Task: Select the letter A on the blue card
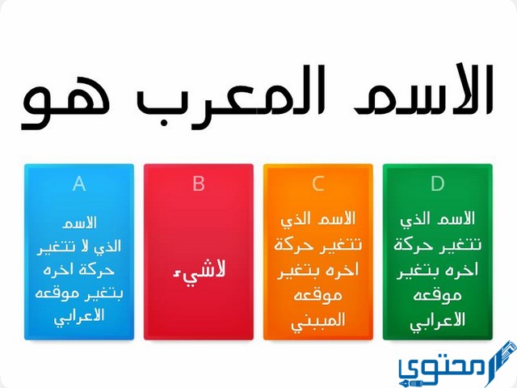point(79,184)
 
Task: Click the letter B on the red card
point(199,184)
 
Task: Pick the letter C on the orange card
point(318,184)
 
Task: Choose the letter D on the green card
point(437,184)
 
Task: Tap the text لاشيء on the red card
point(199,269)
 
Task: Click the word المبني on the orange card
point(318,320)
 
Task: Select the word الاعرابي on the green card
point(437,320)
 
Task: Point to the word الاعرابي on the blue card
point(79,316)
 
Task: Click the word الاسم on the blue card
point(79,222)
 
